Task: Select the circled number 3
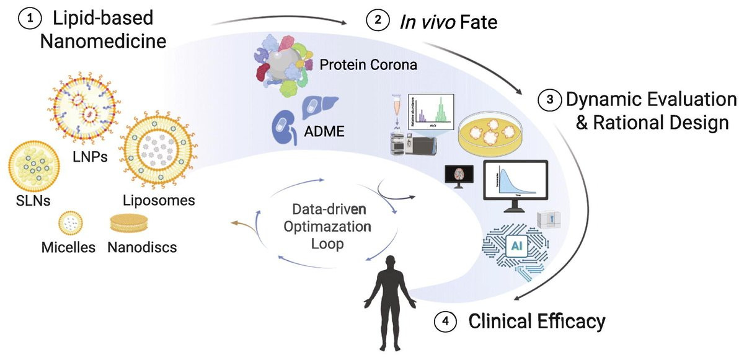(548, 100)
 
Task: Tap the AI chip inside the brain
(515, 247)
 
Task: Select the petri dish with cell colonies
(496, 134)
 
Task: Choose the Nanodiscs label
(142, 247)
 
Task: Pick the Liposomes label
(160, 200)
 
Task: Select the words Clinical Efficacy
(536, 322)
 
